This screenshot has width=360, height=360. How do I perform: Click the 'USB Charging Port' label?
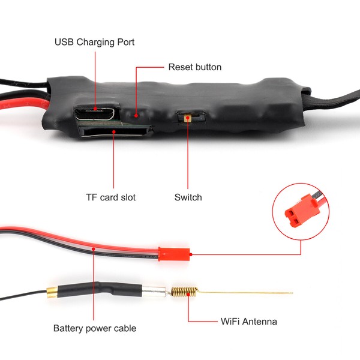click(94, 42)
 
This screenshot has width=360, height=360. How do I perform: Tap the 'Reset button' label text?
click(194, 67)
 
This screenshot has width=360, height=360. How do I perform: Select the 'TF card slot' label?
click(110, 197)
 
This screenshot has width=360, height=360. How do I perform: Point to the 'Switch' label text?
click(188, 197)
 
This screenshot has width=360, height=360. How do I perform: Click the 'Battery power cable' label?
click(94, 328)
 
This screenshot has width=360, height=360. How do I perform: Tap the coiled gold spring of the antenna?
click(181, 292)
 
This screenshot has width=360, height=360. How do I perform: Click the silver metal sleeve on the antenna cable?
click(155, 292)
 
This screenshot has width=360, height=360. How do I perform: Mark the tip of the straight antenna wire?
click(291, 293)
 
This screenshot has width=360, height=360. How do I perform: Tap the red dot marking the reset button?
click(136, 115)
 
